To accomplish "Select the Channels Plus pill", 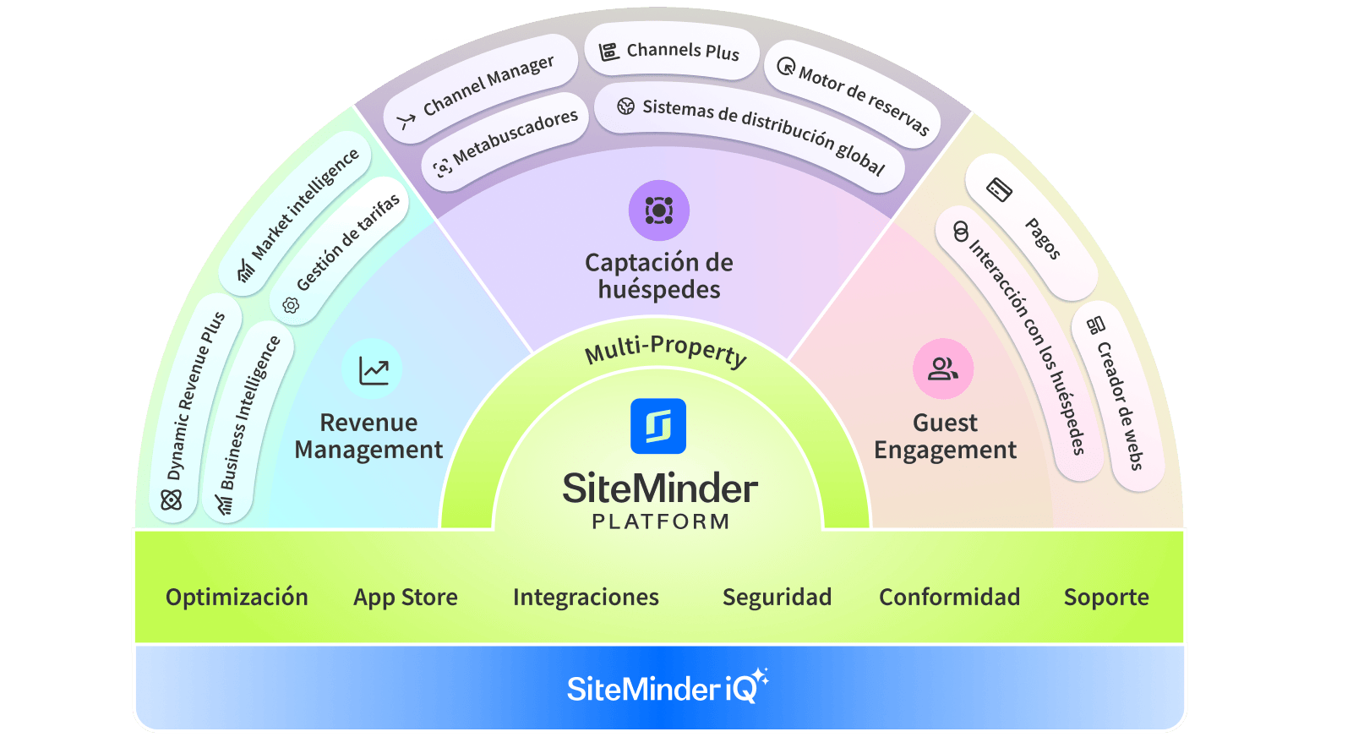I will tap(671, 52).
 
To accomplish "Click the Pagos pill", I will tap(1032, 224).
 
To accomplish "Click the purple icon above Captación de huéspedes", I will tap(659, 210).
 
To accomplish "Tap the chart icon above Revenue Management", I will tap(373, 369).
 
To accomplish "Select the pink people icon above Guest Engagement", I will tap(943, 369).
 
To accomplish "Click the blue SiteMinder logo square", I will tap(658, 426).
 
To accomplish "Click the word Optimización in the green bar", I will tap(237, 598).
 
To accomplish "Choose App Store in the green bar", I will tap(406, 598).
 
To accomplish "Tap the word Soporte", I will tap(1106, 598).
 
